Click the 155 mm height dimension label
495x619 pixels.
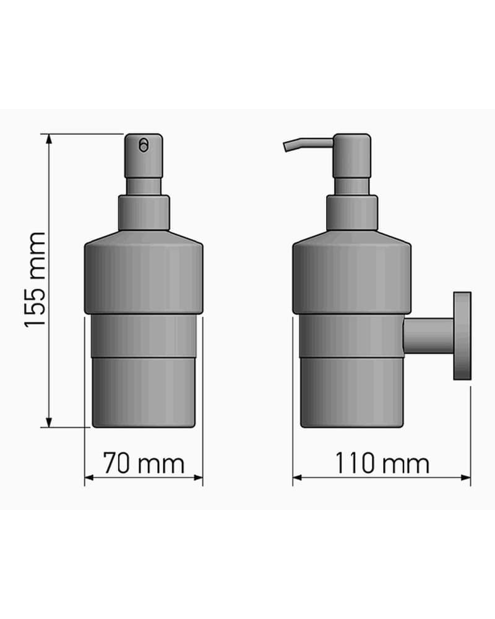[x=35, y=280]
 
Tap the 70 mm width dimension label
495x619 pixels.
[x=144, y=463]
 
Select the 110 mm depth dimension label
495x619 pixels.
[x=382, y=463]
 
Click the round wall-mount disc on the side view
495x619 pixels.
[x=462, y=336]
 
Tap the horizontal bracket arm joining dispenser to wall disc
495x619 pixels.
[x=428, y=336]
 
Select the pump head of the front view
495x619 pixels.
[x=144, y=156]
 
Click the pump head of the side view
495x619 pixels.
[x=351, y=156]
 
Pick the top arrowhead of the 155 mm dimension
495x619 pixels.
[x=49, y=139]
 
